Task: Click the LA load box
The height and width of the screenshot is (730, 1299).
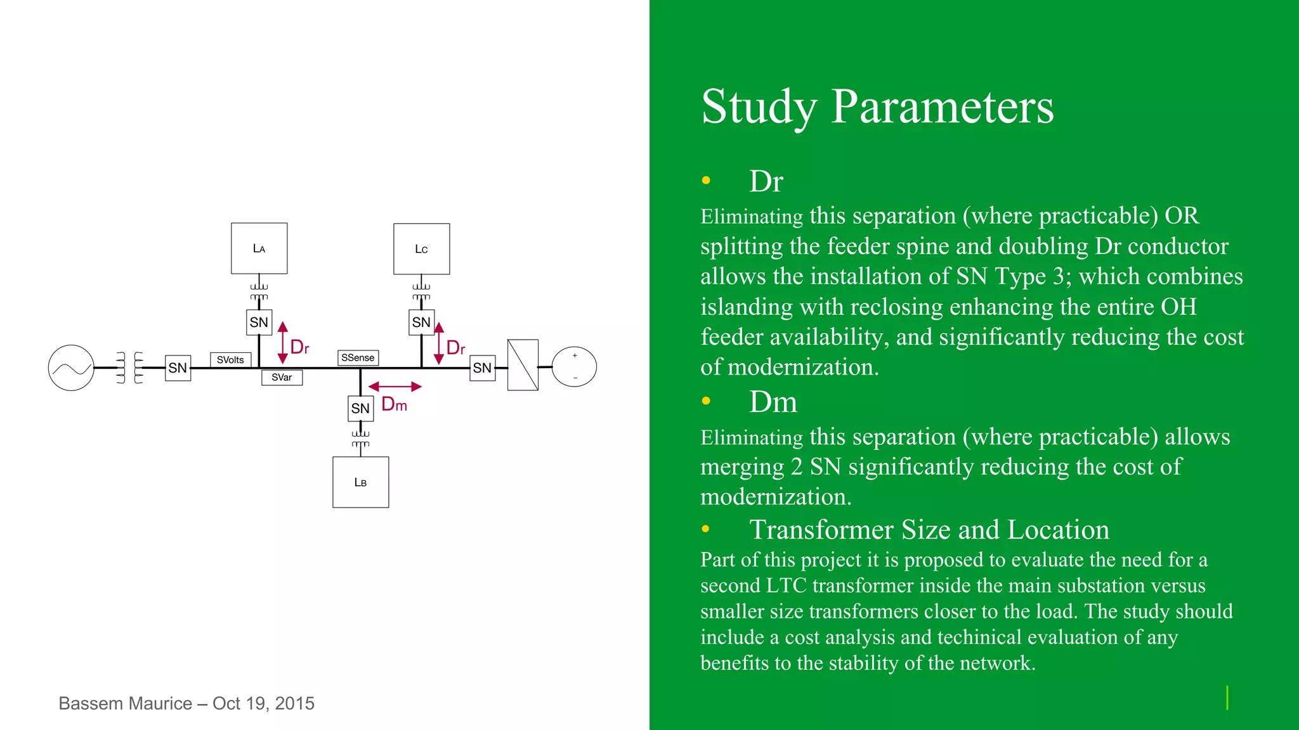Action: click(259, 248)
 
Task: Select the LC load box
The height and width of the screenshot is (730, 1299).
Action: click(421, 248)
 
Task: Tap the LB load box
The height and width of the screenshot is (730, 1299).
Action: click(360, 482)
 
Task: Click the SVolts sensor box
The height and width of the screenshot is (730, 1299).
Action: click(230, 360)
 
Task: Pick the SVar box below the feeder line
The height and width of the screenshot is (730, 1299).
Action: click(282, 378)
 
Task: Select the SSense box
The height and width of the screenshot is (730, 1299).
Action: click(358, 358)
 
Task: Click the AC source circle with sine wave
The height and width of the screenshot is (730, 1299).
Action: click(71, 368)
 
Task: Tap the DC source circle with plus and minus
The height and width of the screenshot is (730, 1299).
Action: click(574, 367)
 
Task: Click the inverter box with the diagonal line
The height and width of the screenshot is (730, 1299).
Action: click(523, 365)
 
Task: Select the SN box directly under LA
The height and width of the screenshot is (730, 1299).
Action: click(259, 322)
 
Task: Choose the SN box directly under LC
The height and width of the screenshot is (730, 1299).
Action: click(421, 322)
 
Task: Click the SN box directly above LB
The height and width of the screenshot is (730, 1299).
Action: click(360, 408)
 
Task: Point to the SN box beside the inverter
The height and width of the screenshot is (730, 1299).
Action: click(482, 368)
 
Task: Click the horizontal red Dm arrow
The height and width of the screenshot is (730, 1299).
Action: click(395, 387)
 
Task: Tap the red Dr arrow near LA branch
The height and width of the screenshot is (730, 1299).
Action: click(283, 343)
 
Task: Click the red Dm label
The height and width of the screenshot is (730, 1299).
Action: click(394, 404)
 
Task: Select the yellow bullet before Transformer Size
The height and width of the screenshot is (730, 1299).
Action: click(706, 529)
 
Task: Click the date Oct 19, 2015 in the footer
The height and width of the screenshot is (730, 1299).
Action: click(263, 703)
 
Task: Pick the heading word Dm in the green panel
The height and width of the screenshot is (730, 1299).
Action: click(773, 402)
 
